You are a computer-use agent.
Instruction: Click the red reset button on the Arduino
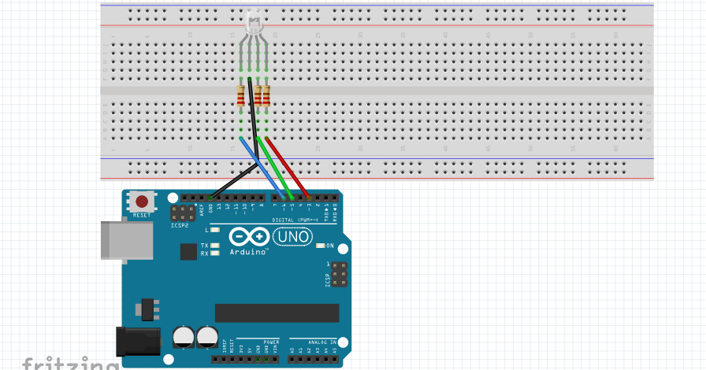pos(142,202)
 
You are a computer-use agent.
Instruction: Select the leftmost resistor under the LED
pos(241,96)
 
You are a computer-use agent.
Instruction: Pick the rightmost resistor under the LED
pos(266,96)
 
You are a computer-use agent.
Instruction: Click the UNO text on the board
pos(292,236)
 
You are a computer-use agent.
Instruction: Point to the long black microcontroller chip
pos(277,313)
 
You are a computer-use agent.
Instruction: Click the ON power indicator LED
pos(321,246)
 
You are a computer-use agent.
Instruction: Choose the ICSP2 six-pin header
pos(184,213)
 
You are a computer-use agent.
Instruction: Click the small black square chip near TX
pos(188,251)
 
